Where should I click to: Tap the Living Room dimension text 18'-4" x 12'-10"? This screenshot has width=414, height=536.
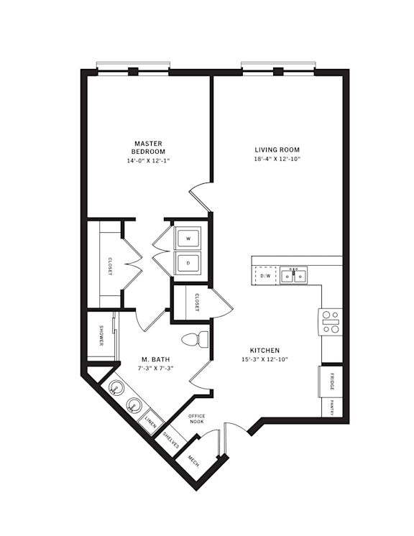(276, 159)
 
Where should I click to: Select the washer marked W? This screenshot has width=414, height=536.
(188, 238)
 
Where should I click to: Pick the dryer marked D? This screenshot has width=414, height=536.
(188, 262)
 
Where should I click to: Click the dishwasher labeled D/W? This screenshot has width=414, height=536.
(265, 275)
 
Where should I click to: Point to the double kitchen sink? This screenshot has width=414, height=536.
(293, 275)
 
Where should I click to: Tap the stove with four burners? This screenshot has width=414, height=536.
(331, 321)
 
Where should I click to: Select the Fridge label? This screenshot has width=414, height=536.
(331, 380)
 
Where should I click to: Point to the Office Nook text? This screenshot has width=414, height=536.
(197, 419)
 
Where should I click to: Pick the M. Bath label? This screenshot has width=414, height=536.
(155, 359)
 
